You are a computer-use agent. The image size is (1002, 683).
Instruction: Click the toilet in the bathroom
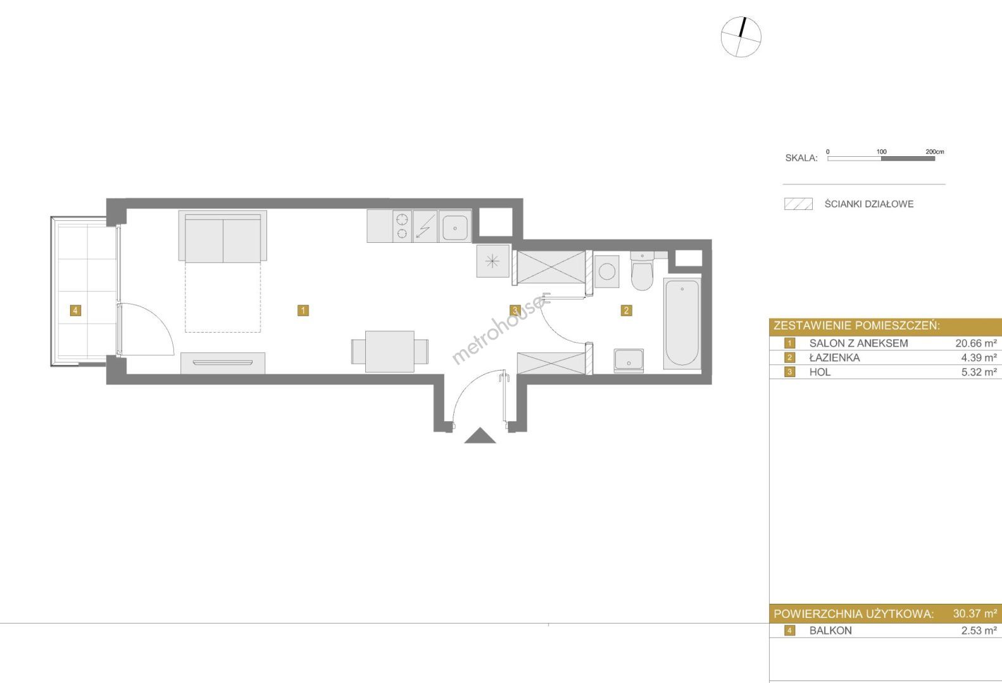642,271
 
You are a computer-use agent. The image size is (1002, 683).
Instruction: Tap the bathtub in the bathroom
682,323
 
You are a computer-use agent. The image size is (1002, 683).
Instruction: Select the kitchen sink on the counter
455,226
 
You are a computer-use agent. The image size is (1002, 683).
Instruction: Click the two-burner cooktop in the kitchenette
402,226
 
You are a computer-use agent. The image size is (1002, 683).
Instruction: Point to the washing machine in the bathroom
606,271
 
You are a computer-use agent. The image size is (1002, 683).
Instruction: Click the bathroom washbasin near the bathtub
629,360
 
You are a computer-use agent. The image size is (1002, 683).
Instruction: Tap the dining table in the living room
390,352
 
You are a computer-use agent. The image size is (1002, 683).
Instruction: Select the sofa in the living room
223,236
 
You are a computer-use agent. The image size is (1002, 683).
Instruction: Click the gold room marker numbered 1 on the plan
303,311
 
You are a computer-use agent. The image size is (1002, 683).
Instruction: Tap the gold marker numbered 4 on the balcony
75,311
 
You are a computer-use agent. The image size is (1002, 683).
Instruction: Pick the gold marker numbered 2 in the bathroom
626,311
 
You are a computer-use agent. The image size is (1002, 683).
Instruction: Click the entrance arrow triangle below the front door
480,436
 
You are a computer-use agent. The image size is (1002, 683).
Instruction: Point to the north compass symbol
741,37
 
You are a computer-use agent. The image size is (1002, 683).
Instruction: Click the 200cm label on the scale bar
935,152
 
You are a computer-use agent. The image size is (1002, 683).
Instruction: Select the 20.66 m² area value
976,343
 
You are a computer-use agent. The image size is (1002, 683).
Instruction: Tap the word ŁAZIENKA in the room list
835,357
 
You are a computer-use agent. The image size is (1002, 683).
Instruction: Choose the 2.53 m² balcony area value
979,631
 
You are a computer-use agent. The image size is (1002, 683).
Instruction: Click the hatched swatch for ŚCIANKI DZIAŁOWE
798,204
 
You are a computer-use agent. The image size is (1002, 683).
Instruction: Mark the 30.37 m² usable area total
975,613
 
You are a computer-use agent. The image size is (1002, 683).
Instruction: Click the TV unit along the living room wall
223,363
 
